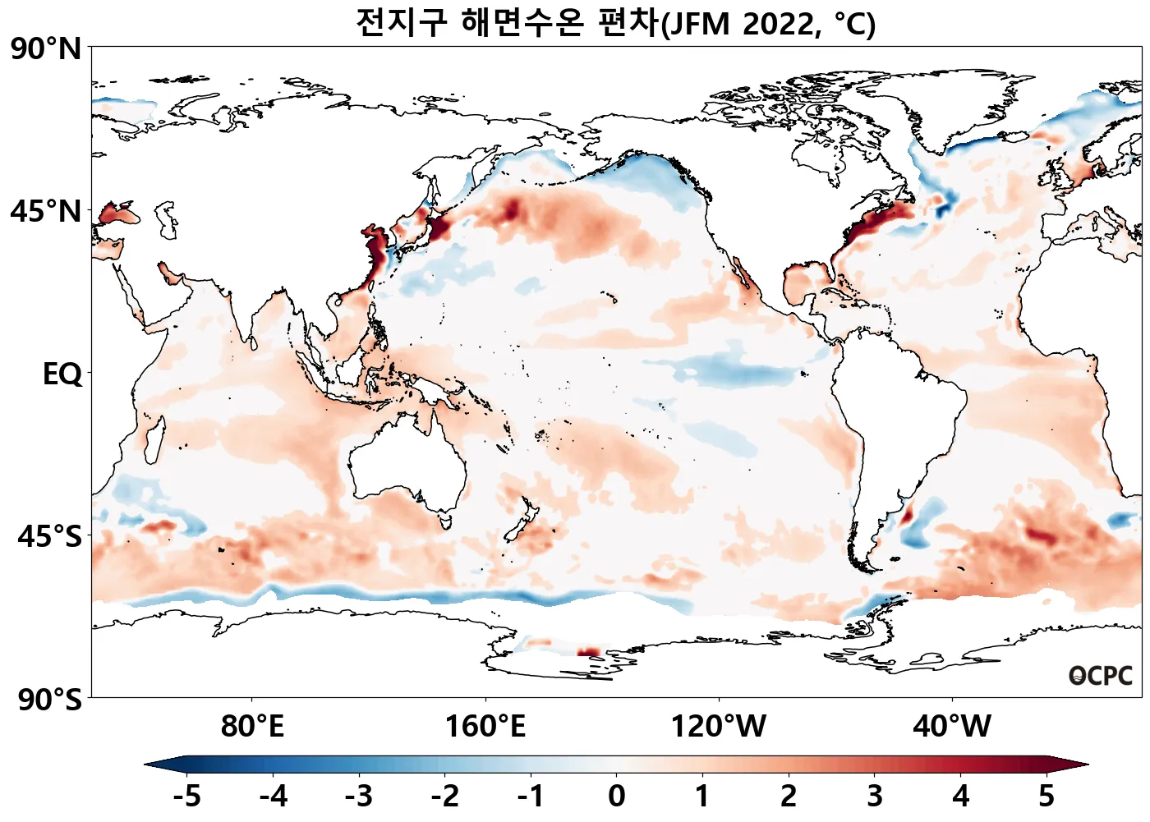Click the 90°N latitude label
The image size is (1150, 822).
[x=46, y=49]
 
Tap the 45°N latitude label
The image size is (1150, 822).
[x=46, y=211]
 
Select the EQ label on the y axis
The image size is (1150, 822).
[x=62, y=374]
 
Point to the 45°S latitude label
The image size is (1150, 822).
[x=49, y=537]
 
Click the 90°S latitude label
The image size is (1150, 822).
[x=49, y=700]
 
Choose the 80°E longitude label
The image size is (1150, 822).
[x=252, y=727]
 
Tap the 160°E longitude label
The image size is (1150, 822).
[x=485, y=727]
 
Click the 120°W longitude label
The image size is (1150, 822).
[x=719, y=727]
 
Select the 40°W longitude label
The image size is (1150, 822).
[x=952, y=727]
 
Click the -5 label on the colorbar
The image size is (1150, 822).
[x=187, y=796]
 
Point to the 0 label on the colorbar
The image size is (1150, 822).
[x=617, y=796]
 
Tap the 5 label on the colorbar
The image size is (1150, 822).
[x=1046, y=796]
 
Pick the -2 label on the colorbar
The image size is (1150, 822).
[x=445, y=796]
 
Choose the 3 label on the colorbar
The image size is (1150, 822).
[x=875, y=796]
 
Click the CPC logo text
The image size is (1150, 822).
[x=1101, y=676]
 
